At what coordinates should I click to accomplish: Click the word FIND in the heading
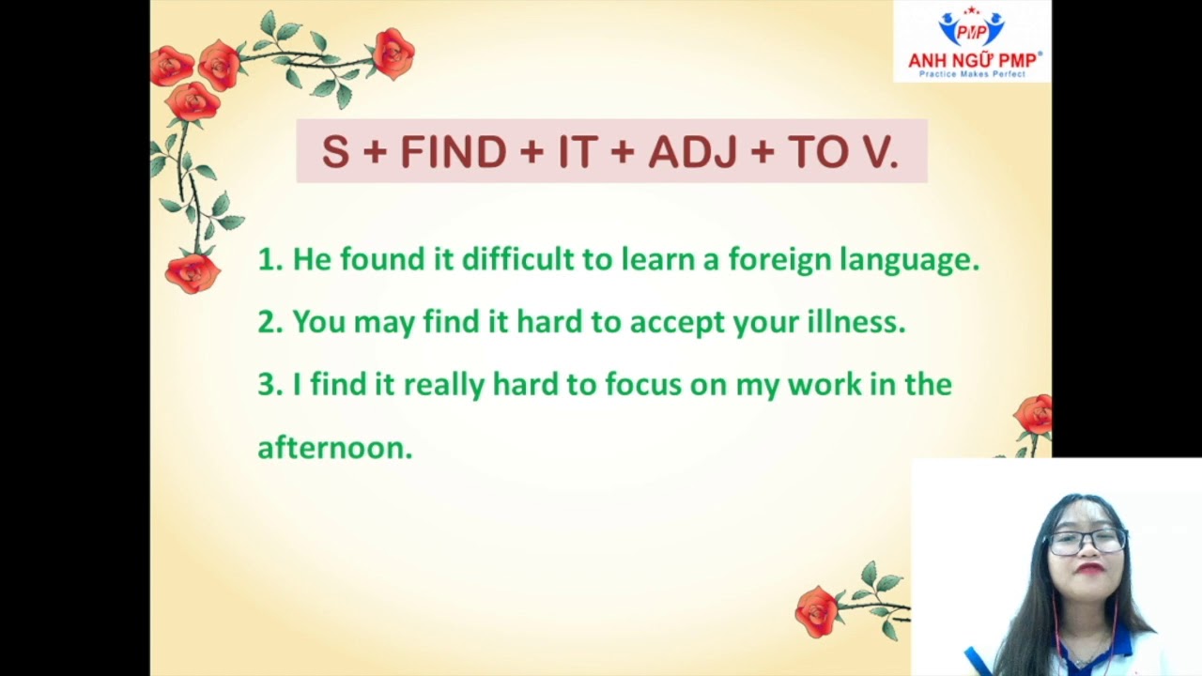tap(454, 152)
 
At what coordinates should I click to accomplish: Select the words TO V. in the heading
tap(842, 152)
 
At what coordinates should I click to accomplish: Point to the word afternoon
tap(334, 448)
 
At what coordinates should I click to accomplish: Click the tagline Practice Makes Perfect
tap(972, 74)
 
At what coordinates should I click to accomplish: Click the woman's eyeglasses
tap(1087, 541)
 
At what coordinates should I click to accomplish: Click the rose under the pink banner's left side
tap(193, 272)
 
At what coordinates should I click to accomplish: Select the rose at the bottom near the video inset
tap(816, 609)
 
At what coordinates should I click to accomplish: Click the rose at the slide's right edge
tap(1034, 414)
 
